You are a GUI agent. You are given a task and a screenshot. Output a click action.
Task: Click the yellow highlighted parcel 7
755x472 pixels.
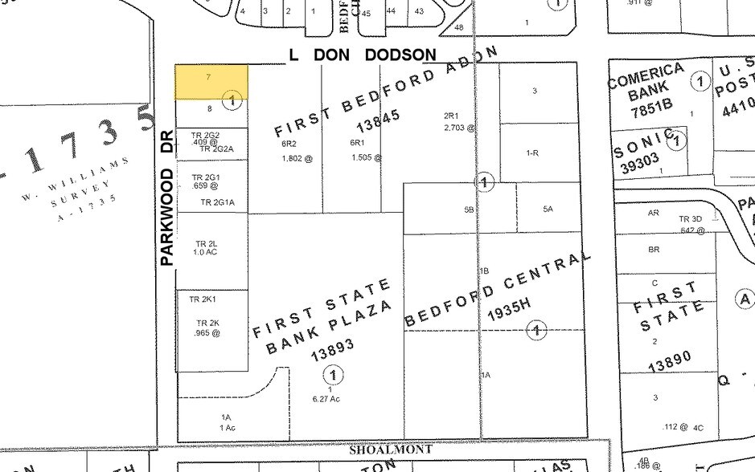(x=211, y=82)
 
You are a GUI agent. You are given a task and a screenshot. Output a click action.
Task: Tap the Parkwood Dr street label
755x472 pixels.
(x=167, y=205)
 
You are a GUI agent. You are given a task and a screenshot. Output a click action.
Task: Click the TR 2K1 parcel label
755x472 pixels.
(x=203, y=299)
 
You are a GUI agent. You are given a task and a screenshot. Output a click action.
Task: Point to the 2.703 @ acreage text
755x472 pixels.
(x=459, y=127)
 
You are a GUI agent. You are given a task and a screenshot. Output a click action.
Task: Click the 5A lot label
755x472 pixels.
(x=548, y=209)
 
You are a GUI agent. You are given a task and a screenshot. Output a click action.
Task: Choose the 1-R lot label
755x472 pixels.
(x=531, y=153)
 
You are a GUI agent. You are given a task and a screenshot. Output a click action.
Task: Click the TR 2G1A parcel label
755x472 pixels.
(x=217, y=203)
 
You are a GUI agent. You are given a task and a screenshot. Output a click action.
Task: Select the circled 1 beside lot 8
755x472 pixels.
(x=232, y=100)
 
